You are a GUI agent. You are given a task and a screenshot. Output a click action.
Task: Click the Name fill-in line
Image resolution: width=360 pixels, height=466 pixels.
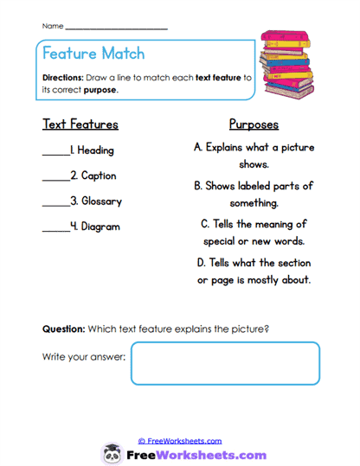[116, 28]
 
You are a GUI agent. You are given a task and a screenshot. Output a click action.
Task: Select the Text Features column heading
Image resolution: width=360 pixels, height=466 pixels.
[80, 124]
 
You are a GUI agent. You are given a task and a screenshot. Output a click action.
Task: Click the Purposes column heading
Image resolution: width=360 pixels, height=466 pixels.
[253, 124]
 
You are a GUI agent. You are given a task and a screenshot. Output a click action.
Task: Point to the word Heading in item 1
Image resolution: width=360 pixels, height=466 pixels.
[95, 150]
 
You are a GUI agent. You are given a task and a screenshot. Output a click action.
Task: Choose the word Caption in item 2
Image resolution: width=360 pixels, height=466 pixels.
[99, 176]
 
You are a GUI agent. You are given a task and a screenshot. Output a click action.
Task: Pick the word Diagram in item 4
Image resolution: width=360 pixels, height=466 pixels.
[100, 227]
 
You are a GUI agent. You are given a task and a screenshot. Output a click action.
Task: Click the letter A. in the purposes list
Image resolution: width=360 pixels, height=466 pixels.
[199, 147]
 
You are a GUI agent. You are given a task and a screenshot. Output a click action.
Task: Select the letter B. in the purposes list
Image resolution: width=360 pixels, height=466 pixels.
[198, 186]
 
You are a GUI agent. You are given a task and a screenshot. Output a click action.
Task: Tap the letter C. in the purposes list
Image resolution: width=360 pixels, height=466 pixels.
[205, 224]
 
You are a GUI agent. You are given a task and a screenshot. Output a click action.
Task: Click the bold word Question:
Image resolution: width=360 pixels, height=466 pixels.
[63, 329]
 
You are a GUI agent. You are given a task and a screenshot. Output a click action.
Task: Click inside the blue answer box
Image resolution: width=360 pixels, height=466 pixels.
[225, 362]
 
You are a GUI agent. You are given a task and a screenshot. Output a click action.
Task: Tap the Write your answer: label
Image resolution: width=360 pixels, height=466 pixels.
[83, 356]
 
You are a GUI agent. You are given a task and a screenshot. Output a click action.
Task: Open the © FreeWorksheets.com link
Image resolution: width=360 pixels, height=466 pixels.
[180, 441]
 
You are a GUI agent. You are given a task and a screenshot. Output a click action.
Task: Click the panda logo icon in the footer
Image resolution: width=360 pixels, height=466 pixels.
[112, 454]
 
